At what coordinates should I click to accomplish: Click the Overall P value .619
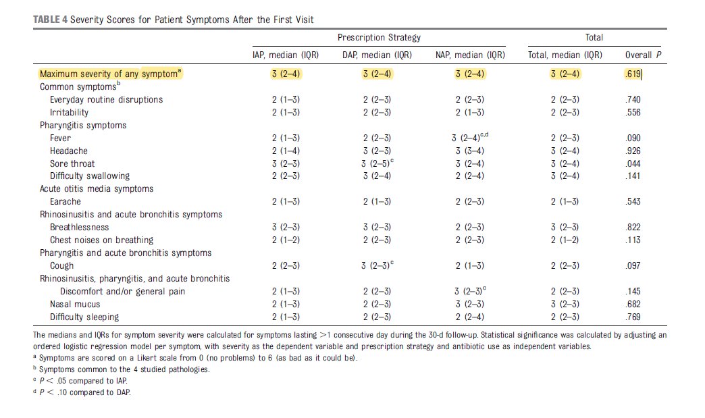coord(633,74)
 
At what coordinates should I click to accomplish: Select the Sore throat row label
coord(72,163)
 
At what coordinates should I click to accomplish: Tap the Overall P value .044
coord(633,163)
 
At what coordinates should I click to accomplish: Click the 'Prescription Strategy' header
coord(379,38)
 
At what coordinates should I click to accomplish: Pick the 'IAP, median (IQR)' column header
coord(281,55)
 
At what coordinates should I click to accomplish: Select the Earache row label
coord(66,201)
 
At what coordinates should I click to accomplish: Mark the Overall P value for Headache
coord(633,151)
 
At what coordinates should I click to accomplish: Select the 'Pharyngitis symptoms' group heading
coord(83,125)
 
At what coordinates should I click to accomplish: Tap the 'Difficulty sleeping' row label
coord(84,317)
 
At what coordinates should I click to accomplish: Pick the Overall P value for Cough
coord(633,265)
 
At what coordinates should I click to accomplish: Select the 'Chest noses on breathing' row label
coord(101,240)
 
